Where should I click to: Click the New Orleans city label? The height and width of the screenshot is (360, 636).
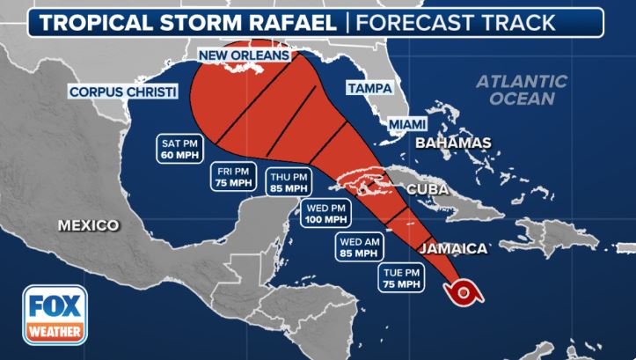(x=244, y=56)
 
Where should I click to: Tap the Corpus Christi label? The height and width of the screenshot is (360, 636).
(x=124, y=91)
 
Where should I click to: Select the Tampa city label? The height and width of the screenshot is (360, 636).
(x=369, y=89)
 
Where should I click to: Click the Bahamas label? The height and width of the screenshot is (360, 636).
(x=452, y=143)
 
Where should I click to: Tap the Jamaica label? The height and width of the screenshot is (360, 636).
(x=453, y=249)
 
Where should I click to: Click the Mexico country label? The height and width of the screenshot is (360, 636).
(x=88, y=225)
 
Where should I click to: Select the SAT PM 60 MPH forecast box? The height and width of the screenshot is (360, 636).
(x=181, y=148)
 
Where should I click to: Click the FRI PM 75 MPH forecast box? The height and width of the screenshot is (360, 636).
(x=233, y=176)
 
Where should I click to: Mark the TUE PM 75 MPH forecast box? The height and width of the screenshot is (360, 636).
(x=402, y=277)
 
